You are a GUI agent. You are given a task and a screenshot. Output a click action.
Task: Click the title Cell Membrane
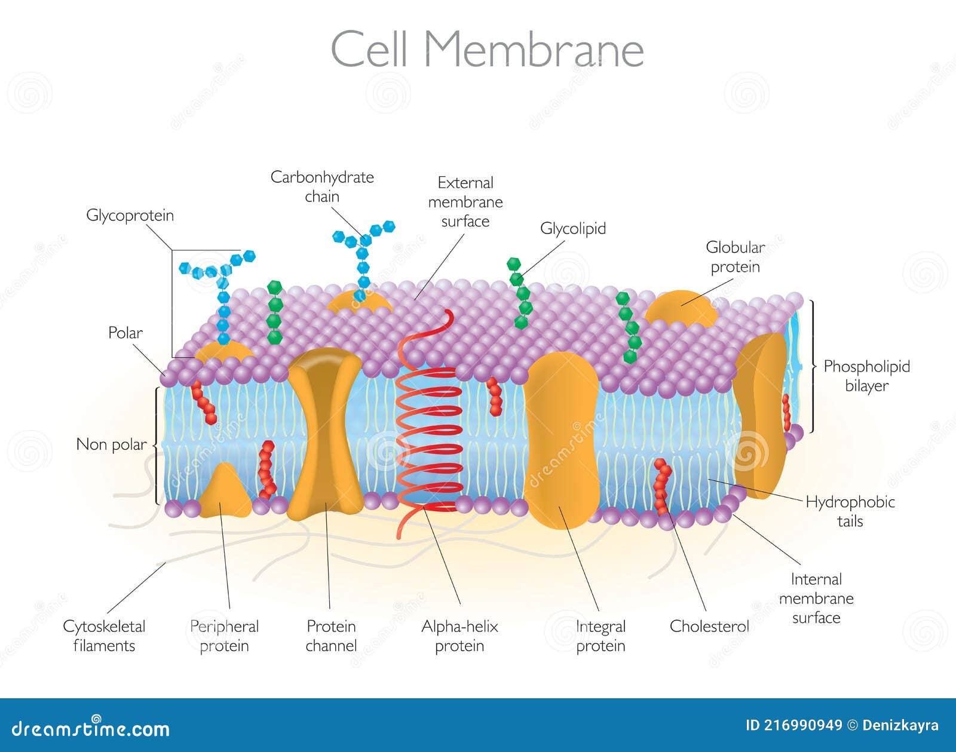[x=487, y=49]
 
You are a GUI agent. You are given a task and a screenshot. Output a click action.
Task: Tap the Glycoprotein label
[x=130, y=215]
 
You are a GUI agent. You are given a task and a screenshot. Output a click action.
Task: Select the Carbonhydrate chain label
[x=322, y=186]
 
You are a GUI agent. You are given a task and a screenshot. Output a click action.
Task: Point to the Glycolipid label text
[x=572, y=228]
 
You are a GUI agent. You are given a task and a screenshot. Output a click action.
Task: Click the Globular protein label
[x=735, y=257]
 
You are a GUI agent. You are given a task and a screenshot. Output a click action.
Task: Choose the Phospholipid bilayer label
[x=866, y=376]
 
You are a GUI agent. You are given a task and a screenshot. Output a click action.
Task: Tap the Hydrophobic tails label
[x=850, y=511]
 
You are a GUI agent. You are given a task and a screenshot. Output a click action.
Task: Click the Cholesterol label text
[x=709, y=626]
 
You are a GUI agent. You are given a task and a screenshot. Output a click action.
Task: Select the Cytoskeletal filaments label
[x=104, y=636]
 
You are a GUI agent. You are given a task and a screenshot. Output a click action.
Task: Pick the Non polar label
[x=111, y=444]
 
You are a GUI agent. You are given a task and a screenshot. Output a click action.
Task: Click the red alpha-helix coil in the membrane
[x=429, y=436]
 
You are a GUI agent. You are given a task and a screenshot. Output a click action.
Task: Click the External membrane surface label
[x=465, y=202]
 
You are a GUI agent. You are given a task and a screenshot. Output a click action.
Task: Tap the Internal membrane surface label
[x=816, y=598]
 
